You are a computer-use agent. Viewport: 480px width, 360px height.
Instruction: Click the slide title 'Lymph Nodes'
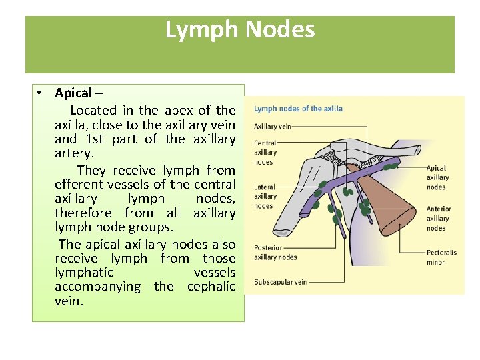tap(240, 30)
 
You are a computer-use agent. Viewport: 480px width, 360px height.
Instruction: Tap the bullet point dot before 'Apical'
tap(41, 93)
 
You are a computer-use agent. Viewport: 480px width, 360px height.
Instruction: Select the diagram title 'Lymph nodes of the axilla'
tap(299, 109)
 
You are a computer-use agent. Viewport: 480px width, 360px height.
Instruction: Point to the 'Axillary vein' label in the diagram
tap(273, 126)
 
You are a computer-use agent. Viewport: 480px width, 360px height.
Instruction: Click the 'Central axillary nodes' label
tap(265, 152)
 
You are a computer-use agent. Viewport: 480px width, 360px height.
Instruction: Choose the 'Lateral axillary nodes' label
tap(265, 196)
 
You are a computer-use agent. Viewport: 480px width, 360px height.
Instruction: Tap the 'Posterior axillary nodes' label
tap(275, 252)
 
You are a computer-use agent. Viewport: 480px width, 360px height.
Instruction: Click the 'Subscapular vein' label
tap(280, 282)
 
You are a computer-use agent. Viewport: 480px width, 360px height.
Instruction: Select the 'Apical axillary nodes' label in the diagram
tap(437, 177)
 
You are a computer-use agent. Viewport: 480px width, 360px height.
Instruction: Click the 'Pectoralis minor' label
tap(441, 257)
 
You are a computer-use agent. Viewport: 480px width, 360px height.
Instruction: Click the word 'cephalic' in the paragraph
tap(211, 287)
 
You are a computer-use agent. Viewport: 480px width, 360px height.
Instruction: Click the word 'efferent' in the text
tap(80, 184)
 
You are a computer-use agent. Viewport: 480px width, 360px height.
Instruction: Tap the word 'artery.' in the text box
tap(71, 154)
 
